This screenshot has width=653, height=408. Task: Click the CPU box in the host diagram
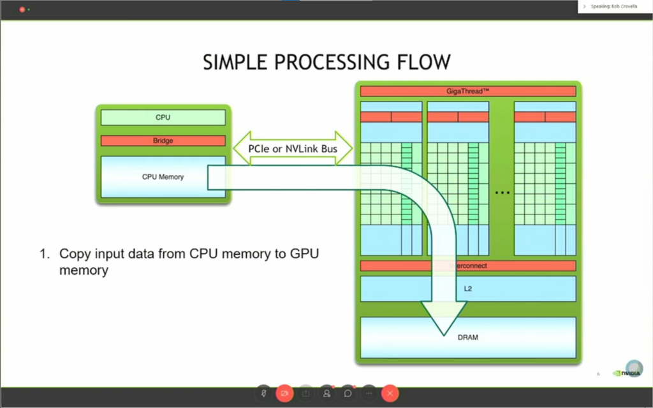[163, 117]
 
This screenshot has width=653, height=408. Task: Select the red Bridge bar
[163, 140]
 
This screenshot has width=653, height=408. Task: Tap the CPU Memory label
[163, 177]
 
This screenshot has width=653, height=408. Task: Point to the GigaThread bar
[468, 91]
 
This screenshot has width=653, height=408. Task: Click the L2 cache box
[468, 288]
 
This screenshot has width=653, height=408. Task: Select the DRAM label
[468, 337]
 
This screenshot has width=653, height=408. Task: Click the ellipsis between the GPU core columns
[503, 192]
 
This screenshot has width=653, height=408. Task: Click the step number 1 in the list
[44, 253]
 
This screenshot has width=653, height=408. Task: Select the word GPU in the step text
[304, 253]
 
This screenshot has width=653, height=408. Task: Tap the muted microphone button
[264, 393]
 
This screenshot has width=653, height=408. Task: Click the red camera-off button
[284, 393]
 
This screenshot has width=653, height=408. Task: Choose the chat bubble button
[348, 393]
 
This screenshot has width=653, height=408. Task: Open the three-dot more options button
[369, 393]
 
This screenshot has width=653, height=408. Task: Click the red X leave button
[390, 393]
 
